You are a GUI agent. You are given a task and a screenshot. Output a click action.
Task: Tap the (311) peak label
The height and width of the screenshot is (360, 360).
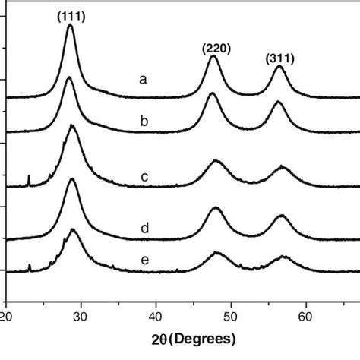click(x=279, y=58)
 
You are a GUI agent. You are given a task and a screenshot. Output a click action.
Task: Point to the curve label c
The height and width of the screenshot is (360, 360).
click(x=144, y=178)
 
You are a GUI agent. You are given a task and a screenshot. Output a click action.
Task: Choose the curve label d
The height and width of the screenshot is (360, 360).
click(x=144, y=227)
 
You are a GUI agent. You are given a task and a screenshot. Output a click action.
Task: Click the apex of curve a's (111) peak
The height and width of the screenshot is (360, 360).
click(x=70, y=24)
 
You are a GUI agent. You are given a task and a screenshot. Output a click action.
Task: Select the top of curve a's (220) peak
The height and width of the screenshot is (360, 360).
click(x=213, y=58)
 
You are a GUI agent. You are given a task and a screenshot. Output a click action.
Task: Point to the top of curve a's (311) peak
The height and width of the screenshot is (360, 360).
click(x=278, y=66)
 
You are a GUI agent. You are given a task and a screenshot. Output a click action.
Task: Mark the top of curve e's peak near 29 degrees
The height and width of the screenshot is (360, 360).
click(x=73, y=229)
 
